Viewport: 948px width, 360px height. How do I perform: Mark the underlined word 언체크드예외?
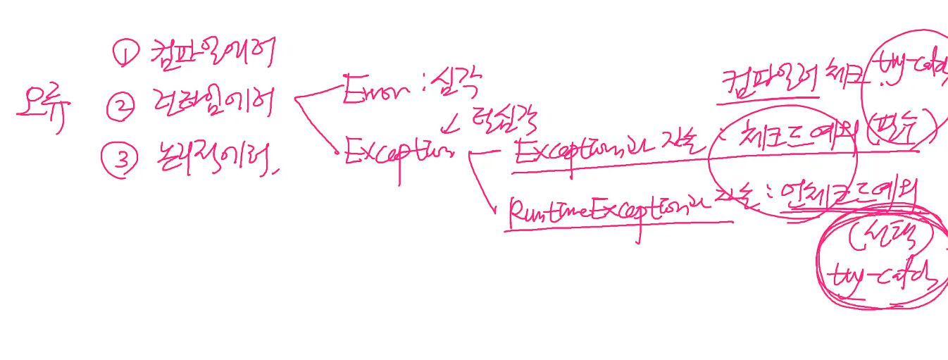(x=849, y=199)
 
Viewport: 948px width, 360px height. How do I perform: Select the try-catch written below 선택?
(x=885, y=278)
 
